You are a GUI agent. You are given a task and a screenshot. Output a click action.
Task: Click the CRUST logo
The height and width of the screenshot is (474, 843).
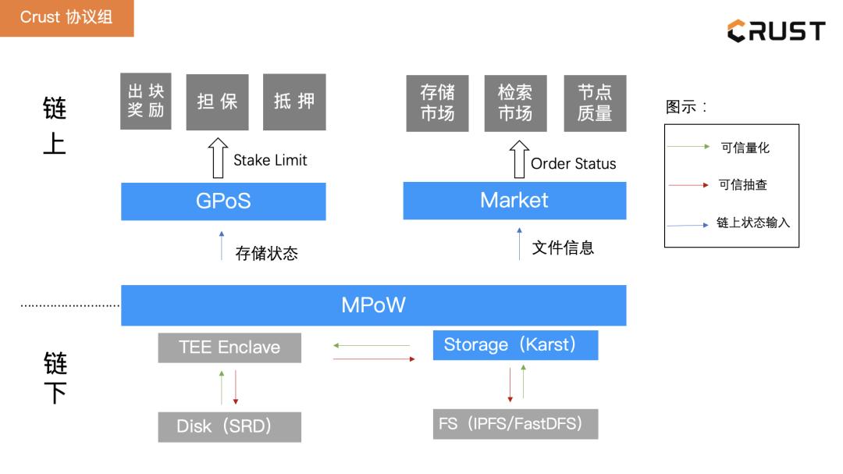pyautogui.click(x=776, y=31)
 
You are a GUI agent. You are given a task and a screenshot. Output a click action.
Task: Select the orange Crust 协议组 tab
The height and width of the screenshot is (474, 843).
pyautogui.click(x=66, y=18)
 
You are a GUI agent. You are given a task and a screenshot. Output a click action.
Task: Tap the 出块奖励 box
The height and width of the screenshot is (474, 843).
pyautogui.click(x=146, y=102)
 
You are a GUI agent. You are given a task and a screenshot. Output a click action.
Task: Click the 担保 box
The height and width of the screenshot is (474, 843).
pyautogui.click(x=217, y=102)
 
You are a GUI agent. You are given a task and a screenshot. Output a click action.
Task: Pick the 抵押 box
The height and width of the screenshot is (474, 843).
pyautogui.click(x=294, y=102)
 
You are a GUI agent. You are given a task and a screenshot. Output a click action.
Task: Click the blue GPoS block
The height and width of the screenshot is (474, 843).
pyautogui.click(x=223, y=201)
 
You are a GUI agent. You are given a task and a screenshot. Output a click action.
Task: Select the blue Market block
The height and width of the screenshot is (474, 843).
pyautogui.click(x=514, y=201)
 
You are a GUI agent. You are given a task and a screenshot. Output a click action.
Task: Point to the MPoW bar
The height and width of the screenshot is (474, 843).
pyautogui.click(x=373, y=305)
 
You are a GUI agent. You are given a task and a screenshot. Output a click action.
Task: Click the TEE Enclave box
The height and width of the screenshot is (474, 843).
pyautogui.click(x=229, y=347)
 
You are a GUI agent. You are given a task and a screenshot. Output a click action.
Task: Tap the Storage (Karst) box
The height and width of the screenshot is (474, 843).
pyautogui.click(x=515, y=345)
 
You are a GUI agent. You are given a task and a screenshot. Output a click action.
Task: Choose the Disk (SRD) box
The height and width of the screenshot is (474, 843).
pyautogui.click(x=229, y=426)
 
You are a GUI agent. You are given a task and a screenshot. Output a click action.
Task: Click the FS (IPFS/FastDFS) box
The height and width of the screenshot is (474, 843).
pyautogui.click(x=515, y=424)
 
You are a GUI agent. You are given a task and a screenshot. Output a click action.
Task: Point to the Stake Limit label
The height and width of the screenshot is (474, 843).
pyautogui.click(x=270, y=160)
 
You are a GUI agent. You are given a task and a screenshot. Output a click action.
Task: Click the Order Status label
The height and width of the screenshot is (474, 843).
pyautogui.click(x=573, y=164)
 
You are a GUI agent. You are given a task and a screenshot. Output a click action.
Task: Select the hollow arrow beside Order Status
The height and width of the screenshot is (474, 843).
pyautogui.click(x=518, y=159)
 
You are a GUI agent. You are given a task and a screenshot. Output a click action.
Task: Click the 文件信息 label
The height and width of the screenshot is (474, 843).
pyautogui.click(x=563, y=248)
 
